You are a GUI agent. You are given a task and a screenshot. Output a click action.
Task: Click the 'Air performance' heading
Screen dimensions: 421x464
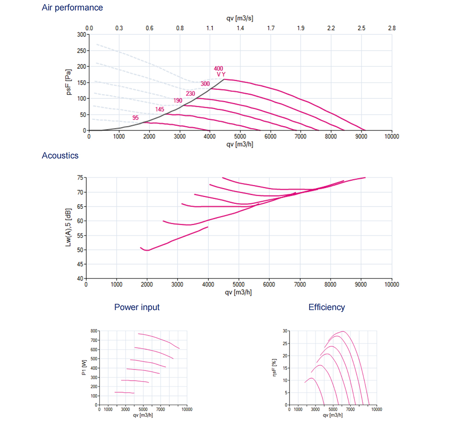click(72, 7)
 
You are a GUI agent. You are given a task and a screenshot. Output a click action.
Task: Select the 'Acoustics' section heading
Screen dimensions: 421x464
click(60, 155)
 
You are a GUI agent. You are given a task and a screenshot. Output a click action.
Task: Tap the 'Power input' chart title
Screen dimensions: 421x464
click(137, 307)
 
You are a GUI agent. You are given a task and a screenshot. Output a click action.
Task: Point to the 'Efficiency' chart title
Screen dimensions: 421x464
click(327, 307)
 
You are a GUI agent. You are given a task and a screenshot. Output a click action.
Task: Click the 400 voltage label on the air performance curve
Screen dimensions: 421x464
click(219, 69)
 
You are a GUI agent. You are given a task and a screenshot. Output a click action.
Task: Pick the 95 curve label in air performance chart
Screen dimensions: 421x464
click(135, 118)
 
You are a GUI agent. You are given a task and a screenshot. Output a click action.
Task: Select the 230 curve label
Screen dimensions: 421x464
click(190, 93)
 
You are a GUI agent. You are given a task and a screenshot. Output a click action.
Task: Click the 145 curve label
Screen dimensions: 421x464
click(160, 110)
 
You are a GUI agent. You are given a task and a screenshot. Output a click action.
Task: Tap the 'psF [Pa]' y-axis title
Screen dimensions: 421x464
click(69, 83)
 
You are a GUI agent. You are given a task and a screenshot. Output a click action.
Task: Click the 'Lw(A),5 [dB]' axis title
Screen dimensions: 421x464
click(69, 227)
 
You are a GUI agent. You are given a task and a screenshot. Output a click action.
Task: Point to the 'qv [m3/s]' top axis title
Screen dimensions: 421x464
click(240, 18)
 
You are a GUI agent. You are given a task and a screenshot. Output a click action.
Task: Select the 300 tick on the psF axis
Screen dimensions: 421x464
click(82, 34)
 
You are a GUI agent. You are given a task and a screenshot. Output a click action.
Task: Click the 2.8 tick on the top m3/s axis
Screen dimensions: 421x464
click(392, 28)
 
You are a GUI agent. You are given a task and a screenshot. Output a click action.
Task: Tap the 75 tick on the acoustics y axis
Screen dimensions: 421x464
click(80, 178)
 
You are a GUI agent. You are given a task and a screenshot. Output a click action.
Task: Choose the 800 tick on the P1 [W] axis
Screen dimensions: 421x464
click(94, 331)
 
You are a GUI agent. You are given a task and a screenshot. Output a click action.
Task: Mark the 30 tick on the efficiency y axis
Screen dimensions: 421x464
click(286, 331)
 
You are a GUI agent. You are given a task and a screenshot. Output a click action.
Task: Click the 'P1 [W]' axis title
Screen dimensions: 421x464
click(84, 368)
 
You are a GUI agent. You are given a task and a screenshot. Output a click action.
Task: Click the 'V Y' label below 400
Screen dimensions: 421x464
click(221, 75)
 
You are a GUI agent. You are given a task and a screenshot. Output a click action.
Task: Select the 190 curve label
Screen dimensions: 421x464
click(178, 100)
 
